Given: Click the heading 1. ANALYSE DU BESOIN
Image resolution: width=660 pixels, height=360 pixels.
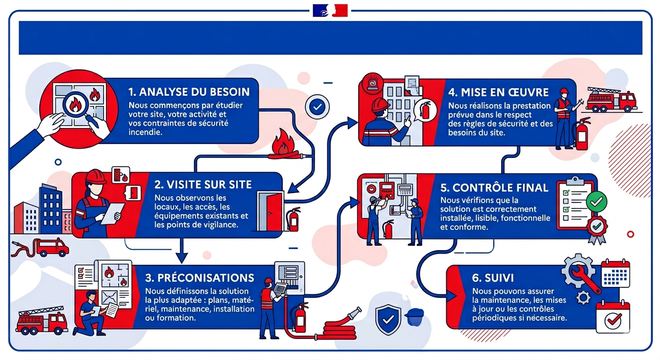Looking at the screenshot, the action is point(189,92).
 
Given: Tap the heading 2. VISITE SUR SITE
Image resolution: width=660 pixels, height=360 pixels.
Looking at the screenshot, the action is point(203,184).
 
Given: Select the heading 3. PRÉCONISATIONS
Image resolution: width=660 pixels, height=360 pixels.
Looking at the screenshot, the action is point(200,278).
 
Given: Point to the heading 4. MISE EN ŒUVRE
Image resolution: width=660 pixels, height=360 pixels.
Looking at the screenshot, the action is point(498,92).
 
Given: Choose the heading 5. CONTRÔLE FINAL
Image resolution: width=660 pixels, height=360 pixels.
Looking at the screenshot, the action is point(494,187).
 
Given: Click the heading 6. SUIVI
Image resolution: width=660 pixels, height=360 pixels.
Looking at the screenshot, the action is point(493,278).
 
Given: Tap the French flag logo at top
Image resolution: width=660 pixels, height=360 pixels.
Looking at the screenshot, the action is point(330,10).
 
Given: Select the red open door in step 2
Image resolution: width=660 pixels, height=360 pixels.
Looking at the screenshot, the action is point(273,211).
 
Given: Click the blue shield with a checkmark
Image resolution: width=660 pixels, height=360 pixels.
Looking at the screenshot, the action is point(388,319).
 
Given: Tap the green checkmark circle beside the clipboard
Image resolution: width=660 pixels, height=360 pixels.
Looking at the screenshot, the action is point(597,202).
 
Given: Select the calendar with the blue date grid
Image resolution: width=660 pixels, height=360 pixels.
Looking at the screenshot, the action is point(615,274).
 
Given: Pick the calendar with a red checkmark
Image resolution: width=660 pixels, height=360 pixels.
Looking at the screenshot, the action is point(613,317).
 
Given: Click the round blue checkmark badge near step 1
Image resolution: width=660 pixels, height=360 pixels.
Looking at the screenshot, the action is point(317,107).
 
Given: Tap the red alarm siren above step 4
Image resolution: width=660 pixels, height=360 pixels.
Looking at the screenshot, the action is point(373,83).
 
